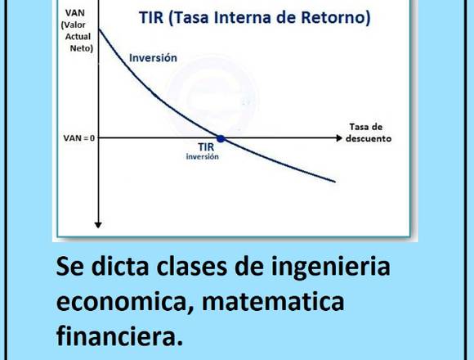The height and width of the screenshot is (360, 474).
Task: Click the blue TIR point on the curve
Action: [221, 139]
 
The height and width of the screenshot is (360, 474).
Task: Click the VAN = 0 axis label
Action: [79, 138]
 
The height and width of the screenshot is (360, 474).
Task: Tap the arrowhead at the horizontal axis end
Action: [339, 138]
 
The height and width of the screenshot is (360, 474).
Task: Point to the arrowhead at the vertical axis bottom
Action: [98, 225]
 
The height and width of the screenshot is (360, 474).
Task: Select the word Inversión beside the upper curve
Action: [153, 58]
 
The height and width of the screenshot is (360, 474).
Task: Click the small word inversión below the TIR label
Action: [202, 156]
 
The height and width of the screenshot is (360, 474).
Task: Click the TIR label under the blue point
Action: [206, 147]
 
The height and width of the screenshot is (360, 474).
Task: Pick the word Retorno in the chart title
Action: [336, 17]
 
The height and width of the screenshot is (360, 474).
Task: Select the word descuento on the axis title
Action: [369, 138]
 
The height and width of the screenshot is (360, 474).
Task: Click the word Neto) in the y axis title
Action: [82, 48]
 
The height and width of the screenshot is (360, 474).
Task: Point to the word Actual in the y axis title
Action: [78, 37]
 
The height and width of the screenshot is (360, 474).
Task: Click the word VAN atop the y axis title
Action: [75, 13]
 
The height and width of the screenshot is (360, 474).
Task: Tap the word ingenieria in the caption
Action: [330, 267]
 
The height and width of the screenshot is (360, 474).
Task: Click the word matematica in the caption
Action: [273, 302]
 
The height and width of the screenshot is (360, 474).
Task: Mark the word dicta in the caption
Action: [120, 266]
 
